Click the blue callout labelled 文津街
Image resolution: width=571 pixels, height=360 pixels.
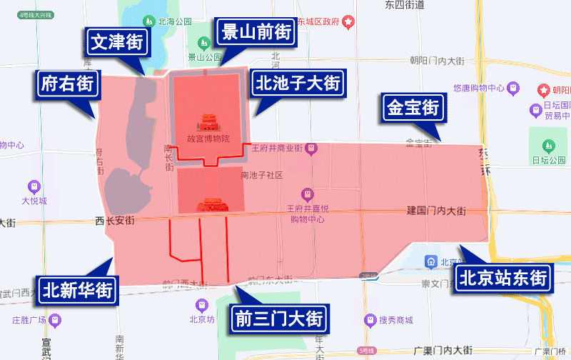point(116,42)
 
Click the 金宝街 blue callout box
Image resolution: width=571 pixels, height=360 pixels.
point(413,108)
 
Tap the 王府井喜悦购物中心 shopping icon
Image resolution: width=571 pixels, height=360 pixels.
point(307,194)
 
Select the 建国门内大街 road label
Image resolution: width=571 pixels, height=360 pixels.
point(436,211)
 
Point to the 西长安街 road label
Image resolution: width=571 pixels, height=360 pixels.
point(114,221)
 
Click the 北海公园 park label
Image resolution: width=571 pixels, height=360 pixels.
point(173,21)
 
